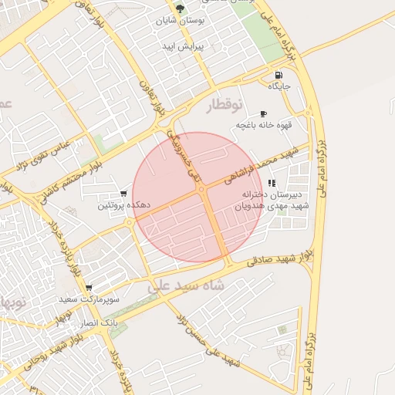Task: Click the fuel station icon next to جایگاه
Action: tap(278, 76)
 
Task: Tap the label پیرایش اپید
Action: tap(181, 47)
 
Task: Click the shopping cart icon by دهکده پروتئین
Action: tap(123, 194)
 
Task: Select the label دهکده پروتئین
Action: tap(123, 206)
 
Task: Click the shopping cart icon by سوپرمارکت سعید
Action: tap(89, 286)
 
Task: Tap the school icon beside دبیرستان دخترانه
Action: tap(271, 184)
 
